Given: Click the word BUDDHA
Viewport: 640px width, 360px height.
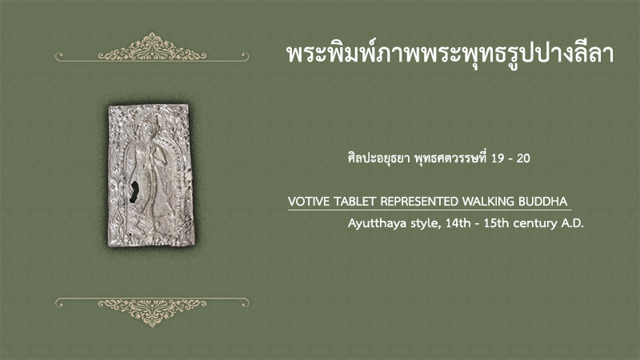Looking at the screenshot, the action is pyautogui.click(x=543, y=202).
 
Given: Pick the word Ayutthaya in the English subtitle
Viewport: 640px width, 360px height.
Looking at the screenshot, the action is pyautogui.click(x=370, y=224).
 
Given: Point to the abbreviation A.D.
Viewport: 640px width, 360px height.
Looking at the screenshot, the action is pyautogui.click(x=574, y=223).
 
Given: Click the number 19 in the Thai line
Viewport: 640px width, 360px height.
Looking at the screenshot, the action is pyautogui.click(x=498, y=158).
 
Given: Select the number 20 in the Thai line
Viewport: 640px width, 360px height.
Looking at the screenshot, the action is pyautogui.click(x=523, y=158).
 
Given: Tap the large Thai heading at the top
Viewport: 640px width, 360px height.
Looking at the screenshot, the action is pyautogui.click(x=450, y=54).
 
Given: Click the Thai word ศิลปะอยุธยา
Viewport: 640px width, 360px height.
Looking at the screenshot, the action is pyautogui.click(x=378, y=158).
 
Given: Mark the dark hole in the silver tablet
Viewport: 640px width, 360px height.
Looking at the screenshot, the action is pyautogui.click(x=134, y=192).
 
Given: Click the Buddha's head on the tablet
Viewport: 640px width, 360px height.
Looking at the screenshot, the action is pyautogui.click(x=147, y=125).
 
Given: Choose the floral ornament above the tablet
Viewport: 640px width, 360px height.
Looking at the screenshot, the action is pyautogui.click(x=152, y=48).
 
